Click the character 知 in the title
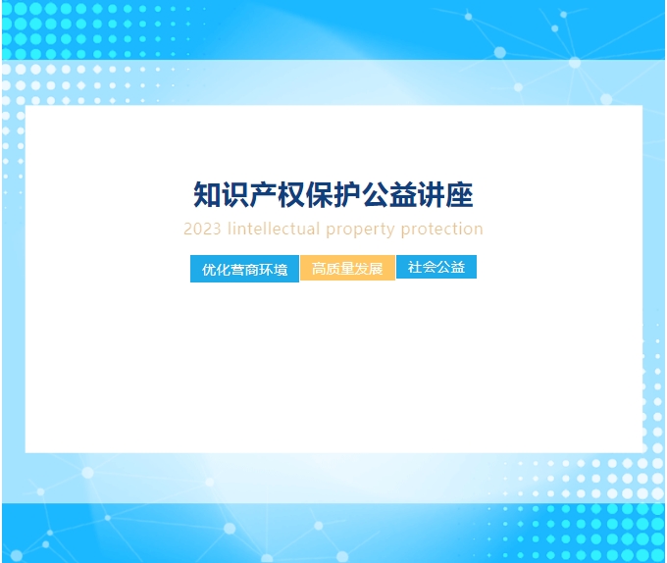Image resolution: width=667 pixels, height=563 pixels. pyautogui.click(x=207, y=195)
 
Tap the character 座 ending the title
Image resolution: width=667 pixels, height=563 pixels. pyautogui.click(x=459, y=195)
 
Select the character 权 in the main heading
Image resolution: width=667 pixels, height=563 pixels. pyautogui.click(x=291, y=195)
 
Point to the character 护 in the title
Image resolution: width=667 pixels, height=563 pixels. pyautogui.click(x=347, y=195)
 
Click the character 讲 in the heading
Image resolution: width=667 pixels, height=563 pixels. pyautogui.click(x=432, y=195)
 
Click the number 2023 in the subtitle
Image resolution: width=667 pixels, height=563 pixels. pyautogui.click(x=202, y=230)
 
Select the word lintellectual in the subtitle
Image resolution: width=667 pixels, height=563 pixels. pyautogui.click(x=274, y=229)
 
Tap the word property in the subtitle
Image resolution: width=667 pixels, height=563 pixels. pyautogui.click(x=361, y=230)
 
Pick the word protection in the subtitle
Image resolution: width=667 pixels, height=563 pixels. pyautogui.click(x=442, y=230)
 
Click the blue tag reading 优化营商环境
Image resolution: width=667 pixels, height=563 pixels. pyautogui.click(x=244, y=269)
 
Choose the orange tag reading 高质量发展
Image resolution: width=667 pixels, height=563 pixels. pyautogui.click(x=347, y=268)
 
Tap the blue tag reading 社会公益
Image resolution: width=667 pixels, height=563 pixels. pyautogui.click(x=436, y=267)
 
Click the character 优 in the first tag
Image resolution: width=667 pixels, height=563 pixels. pyautogui.click(x=209, y=270)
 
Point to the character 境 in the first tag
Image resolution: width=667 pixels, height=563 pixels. pyautogui.click(x=281, y=270)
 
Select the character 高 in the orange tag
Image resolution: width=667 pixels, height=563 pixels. pyautogui.click(x=319, y=269)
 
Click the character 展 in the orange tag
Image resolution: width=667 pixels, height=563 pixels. pyautogui.click(x=376, y=269)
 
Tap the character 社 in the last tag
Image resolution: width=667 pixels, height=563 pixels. pyautogui.click(x=415, y=267)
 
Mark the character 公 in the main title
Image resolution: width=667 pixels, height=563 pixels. pyautogui.click(x=376, y=195)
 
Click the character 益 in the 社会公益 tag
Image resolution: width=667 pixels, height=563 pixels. pyautogui.click(x=458, y=267)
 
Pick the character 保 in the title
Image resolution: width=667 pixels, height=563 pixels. pyautogui.click(x=320, y=195)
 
